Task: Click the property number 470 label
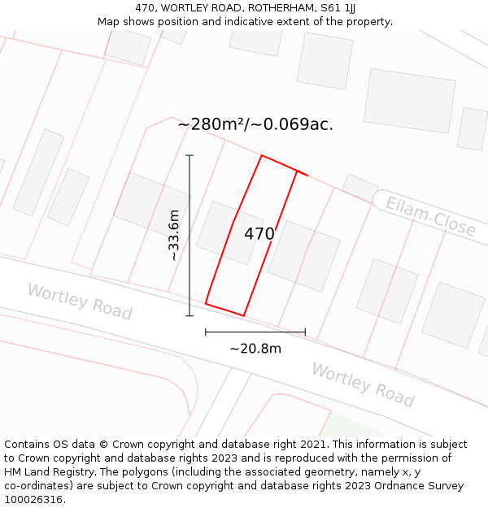259,234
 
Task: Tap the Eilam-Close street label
430,215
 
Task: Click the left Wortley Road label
80,302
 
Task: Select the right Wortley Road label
363,384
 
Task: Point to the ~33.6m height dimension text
173,235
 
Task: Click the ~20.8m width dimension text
255,349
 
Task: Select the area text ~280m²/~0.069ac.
255,124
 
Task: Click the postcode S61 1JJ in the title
338,8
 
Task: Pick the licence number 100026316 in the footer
33,500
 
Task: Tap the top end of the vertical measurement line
190,155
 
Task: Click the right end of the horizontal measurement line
305,332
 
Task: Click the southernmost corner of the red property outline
243,315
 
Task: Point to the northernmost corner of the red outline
261,155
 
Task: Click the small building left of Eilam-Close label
359,187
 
